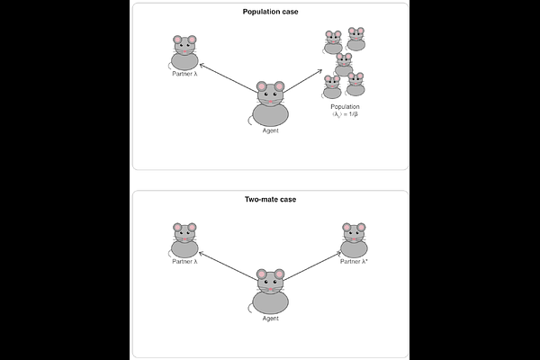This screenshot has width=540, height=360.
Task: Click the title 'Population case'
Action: click(270, 12)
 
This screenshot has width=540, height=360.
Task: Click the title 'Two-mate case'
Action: click(270, 199)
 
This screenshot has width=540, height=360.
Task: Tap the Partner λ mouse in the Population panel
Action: click(184, 53)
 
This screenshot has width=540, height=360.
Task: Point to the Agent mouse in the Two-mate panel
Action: click(270, 292)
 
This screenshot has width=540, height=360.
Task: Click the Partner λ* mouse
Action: click(355, 240)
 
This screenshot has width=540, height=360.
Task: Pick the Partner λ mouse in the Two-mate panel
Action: click(184, 240)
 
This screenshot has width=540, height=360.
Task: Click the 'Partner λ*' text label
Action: click(355, 262)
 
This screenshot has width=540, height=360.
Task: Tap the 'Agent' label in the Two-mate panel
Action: click(270, 319)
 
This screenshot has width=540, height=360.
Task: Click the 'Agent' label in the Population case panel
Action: click(270, 131)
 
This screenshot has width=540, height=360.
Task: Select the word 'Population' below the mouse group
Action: click(346, 107)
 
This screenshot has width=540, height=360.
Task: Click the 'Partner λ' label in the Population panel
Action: click(184, 74)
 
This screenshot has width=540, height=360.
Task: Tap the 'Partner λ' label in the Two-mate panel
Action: click(184, 262)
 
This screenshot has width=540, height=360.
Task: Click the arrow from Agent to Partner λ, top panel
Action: click(227, 77)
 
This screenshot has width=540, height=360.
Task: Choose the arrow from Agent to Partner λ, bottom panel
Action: click(227, 265)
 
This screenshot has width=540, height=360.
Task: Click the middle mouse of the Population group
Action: click(344, 64)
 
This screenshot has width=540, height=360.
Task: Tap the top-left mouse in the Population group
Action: click(333, 41)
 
